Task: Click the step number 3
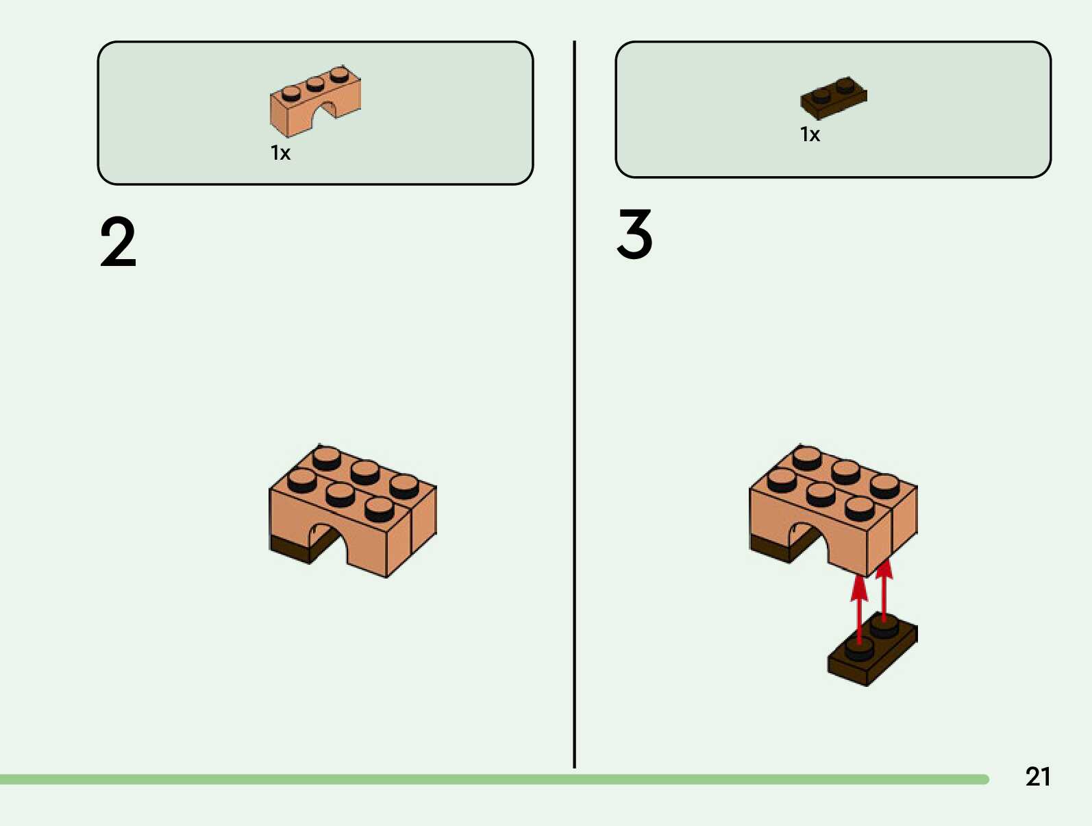tap(634, 234)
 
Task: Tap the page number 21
tap(1037, 777)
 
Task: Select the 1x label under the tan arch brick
tap(280, 152)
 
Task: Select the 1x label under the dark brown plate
tap(810, 134)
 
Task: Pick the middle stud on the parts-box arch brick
tap(315, 84)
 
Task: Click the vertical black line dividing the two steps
tap(574, 411)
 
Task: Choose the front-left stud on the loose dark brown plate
tap(859, 647)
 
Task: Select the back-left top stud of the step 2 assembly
tap(327, 457)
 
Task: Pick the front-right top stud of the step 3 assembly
tap(860, 508)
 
